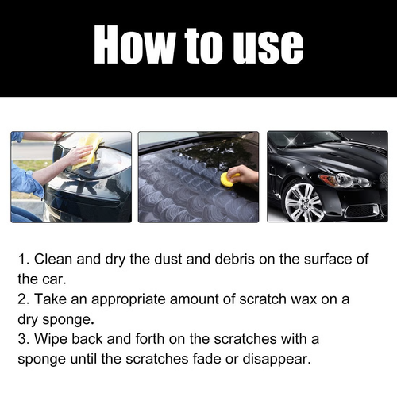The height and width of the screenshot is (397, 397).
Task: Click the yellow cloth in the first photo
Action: pos(91,148)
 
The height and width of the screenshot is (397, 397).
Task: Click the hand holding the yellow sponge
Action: pos(245,174)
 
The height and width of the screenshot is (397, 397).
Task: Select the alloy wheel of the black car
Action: pos(303,202)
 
